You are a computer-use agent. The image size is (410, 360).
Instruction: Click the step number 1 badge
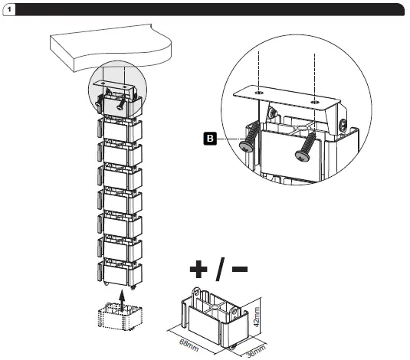(x=9, y=10)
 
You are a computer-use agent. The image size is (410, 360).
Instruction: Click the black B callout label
(x=210, y=139)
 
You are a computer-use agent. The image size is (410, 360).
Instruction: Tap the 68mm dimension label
(x=189, y=345)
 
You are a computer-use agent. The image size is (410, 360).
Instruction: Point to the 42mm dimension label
(x=257, y=317)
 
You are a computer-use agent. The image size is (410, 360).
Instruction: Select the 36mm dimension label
(x=257, y=351)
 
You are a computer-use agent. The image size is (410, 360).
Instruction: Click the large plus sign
(x=198, y=269)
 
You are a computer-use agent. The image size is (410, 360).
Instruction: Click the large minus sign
(x=240, y=269)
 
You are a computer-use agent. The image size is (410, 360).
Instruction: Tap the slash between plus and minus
(x=220, y=269)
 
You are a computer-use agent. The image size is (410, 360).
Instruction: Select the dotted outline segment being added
(x=120, y=316)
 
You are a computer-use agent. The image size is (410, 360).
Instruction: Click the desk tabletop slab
(x=111, y=47)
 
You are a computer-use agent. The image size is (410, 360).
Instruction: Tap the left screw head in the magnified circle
(x=246, y=146)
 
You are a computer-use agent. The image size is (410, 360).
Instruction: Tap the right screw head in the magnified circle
(x=302, y=155)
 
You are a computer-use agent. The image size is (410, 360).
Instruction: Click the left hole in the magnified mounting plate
(x=259, y=93)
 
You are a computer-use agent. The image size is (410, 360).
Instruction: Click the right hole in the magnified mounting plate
(x=314, y=102)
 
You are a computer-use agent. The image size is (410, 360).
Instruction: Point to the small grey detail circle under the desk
(x=118, y=89)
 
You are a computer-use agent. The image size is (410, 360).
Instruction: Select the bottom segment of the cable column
(x=120, y=273)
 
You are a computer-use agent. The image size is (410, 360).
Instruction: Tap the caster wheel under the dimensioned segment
(x=232, y=347)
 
